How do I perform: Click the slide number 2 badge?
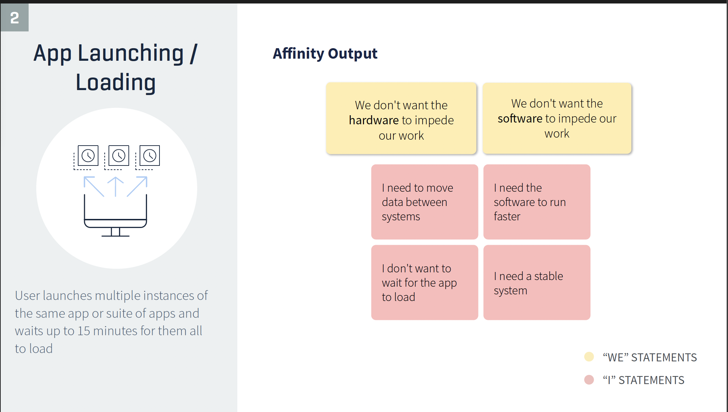14,17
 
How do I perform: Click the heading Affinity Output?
325,54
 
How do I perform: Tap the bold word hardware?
374,120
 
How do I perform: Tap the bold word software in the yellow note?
520,119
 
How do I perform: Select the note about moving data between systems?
425,202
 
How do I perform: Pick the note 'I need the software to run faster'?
537,202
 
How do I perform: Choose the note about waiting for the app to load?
425,282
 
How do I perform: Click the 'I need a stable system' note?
537,282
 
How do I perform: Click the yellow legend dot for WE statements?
589,357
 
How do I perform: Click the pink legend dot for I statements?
589,380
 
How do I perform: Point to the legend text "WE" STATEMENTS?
650,358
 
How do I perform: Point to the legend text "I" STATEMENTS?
644,380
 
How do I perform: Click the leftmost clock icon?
88,155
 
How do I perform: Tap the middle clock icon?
119,155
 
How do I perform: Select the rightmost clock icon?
150,155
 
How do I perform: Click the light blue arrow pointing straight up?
116,187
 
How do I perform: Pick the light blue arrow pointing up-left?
94,187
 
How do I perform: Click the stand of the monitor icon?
116,232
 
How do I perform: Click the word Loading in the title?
116,82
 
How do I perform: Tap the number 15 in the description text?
84,331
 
